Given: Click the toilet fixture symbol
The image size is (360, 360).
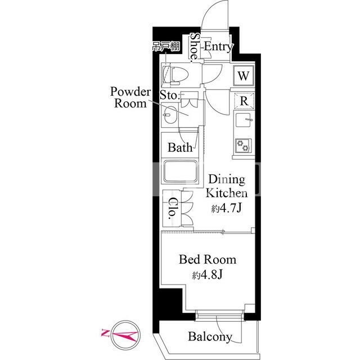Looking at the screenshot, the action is [x=175, y=75].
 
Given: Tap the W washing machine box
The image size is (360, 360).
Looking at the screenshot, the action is [x=244, y=75].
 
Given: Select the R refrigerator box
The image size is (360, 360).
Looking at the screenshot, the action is [x=244, y=100].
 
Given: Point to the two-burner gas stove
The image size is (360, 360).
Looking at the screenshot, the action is [x=243, y=146].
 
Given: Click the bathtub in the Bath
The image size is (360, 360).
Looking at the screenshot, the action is [x=180, y=172].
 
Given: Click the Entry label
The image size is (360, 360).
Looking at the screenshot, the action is [x=218, y=47].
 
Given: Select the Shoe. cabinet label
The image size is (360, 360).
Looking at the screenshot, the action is [x=195, y=47].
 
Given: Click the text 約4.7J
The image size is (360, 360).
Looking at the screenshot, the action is [x=226, y=208].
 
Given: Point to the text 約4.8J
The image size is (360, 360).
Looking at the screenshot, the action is [x=208, y=274].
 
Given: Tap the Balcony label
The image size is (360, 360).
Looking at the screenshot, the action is [x=210, y=337].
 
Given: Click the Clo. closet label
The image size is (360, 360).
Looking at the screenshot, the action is [x=172, y=208].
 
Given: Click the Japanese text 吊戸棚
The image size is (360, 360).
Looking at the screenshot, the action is [x=166, y=46].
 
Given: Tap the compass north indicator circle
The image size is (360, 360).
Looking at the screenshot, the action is [x=126, y=334].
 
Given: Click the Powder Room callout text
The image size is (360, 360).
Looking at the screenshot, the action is [x=130, y=97].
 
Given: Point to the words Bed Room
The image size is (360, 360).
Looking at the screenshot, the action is [x=208, y=260].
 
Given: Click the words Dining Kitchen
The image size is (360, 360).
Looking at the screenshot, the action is [x=227, y=186].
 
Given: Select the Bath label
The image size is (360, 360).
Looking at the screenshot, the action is [x=180, y=147].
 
